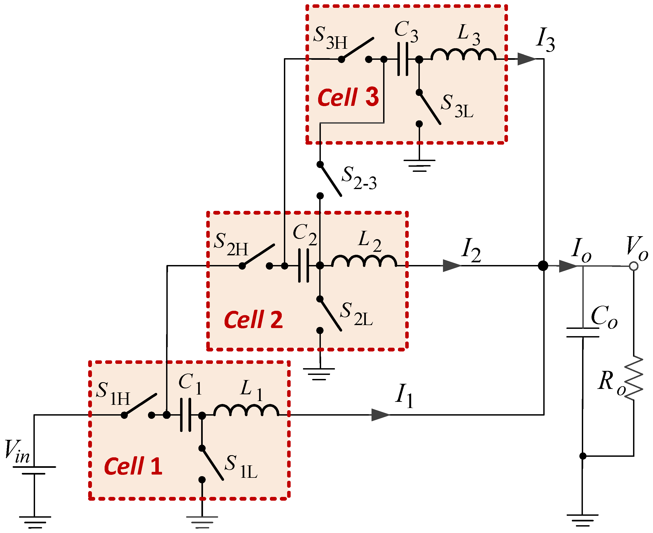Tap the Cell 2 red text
[x=253, y=320]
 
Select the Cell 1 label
[x=133, y=466]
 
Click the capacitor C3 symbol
[x=403, y=59]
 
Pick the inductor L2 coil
[x=364, y=261]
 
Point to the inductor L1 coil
[x=246, y=410]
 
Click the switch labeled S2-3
[x=330, y=180]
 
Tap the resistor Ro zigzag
[x=633, y=378]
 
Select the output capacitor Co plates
[x=583, y=333]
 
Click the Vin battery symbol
[x=34, y=470]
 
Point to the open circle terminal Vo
[x=633, y=266]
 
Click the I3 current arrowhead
[x=526, y=59]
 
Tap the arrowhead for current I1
[x=380, y=415]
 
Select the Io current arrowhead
[x=568, y=266]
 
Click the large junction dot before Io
[x=543, y=266]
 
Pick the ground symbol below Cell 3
[x=419, y=165]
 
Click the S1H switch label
[x=113, y=394]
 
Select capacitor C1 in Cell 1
[x=185, y=415]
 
